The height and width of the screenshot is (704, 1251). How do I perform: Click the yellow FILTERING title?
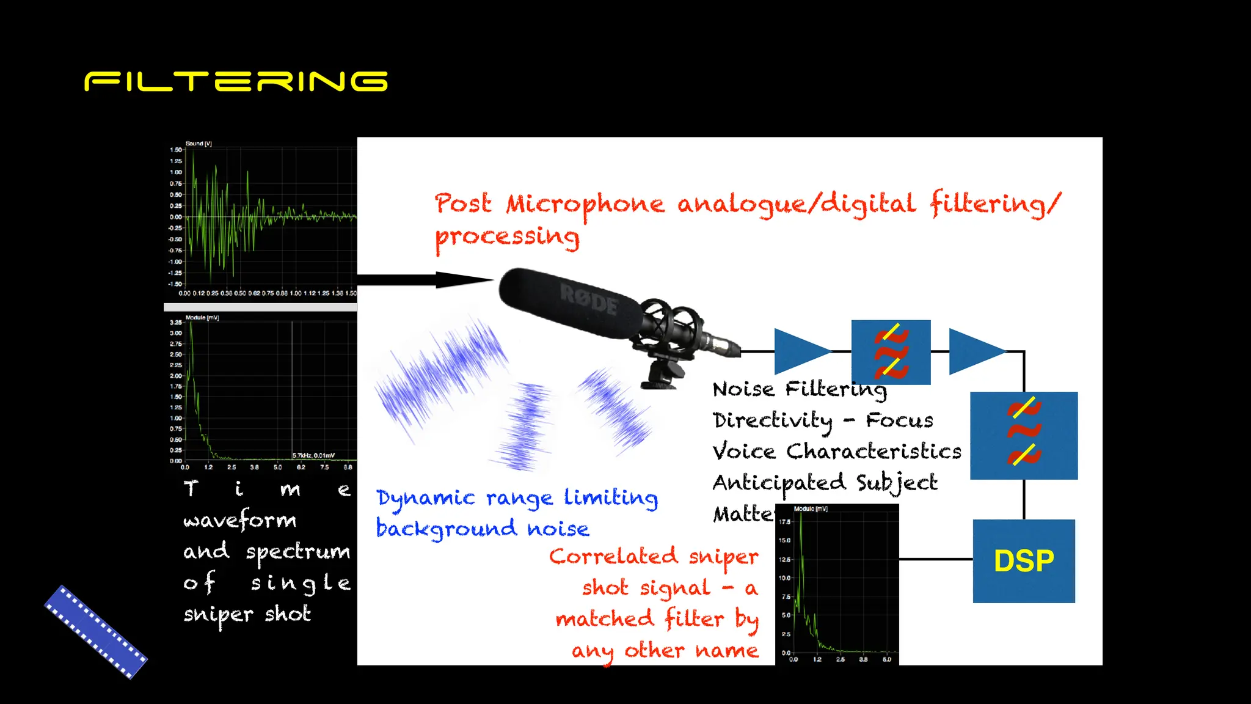(236, 81)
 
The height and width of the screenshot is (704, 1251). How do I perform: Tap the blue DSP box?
(1024, 561)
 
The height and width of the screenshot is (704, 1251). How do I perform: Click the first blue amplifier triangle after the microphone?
(799, 351)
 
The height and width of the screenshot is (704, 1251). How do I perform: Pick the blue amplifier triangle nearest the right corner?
(974, 351)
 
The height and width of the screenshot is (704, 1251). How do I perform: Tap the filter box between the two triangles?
(891, 352)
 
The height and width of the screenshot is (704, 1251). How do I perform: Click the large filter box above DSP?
(1024, 435)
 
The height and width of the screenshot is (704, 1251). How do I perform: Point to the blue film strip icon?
(96, 632)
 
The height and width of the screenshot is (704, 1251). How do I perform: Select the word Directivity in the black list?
(772, 420)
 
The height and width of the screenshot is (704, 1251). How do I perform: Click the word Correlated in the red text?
(613, 557)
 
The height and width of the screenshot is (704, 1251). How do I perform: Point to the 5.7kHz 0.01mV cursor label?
(313, 455)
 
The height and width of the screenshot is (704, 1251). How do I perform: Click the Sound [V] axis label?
(199, 144)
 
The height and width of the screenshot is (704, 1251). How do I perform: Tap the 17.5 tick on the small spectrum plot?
(785, 521)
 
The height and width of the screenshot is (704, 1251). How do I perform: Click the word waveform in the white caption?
(239, 521)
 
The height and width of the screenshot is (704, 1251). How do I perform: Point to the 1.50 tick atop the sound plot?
(176, 150)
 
